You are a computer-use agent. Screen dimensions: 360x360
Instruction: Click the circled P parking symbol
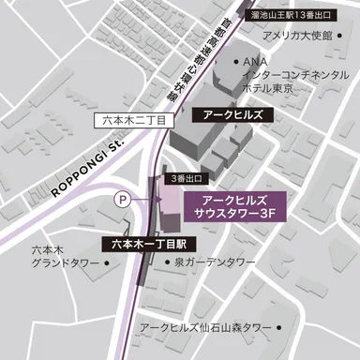121,198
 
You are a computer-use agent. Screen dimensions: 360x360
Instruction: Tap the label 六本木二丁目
134,121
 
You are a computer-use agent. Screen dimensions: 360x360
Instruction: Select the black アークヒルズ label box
232,114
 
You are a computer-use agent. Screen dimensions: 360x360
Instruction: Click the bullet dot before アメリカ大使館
255,37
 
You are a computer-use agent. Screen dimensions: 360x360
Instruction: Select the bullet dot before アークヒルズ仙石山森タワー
131,327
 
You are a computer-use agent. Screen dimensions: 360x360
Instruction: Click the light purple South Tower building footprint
170,200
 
